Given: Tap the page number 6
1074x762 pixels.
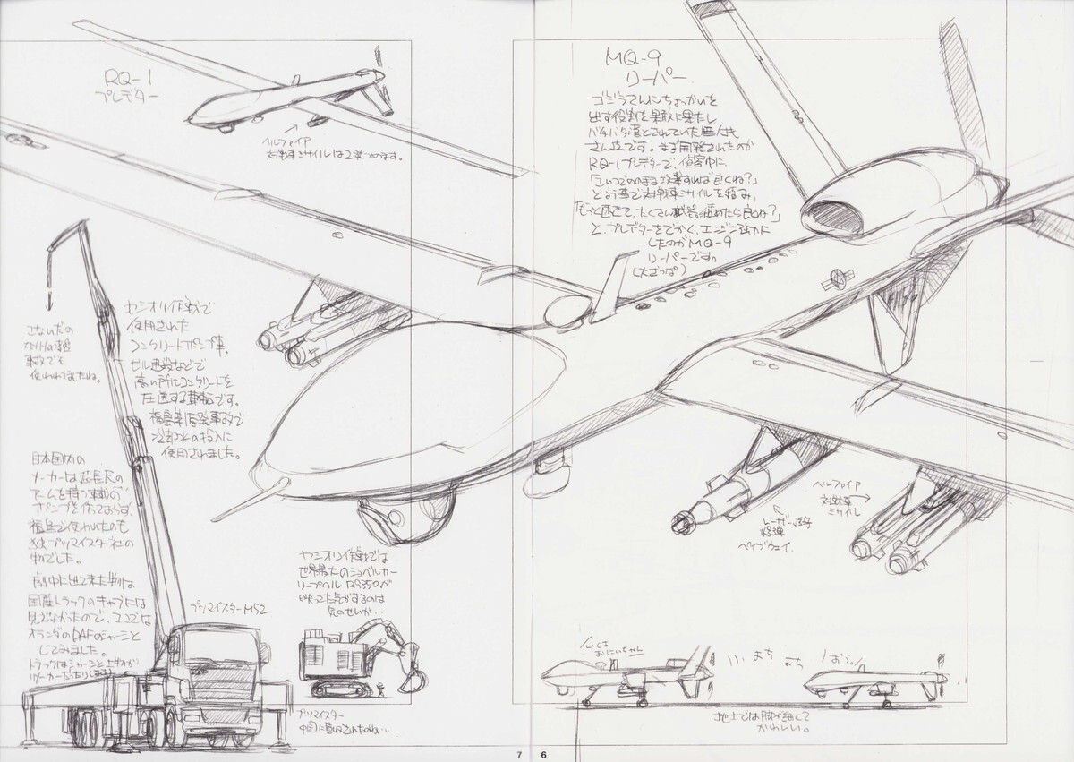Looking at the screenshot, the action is click(x=543, y=753).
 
